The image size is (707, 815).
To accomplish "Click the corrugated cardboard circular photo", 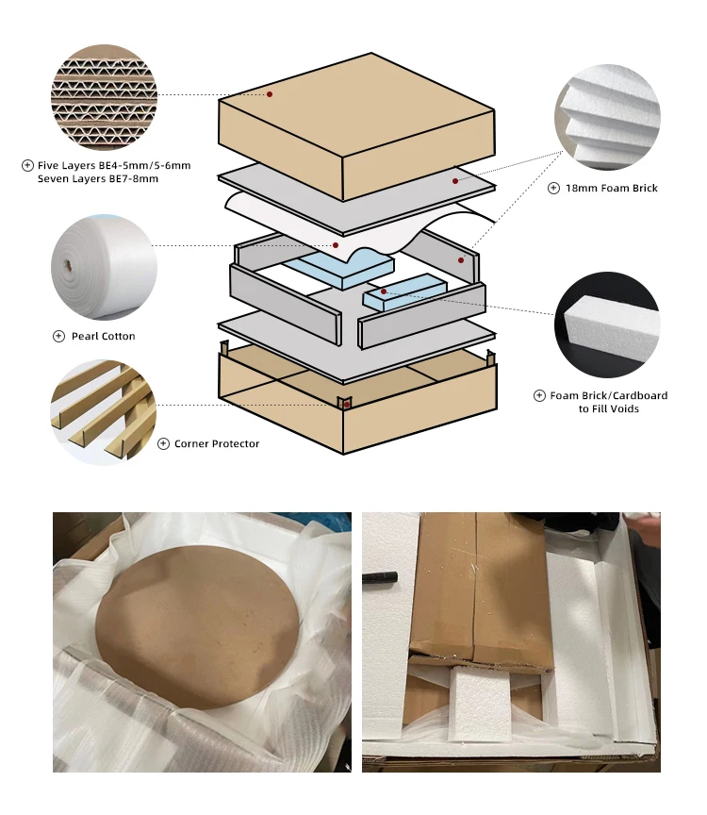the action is (x=104, y=97).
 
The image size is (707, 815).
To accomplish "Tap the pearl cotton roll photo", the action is (x=104, y=267).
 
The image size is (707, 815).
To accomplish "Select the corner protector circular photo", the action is (x=104, y=412).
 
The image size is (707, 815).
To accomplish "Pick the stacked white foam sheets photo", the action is (x=607, y=117).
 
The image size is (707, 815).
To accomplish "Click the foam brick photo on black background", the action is (x=607, y=324).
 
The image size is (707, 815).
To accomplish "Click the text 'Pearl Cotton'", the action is (x=104, y=337).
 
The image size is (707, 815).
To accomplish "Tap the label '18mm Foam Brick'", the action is (x=612, y=188).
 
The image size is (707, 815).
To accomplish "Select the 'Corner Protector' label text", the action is (x=217, y=444).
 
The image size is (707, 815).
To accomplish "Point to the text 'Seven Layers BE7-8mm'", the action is (x=98, y=179).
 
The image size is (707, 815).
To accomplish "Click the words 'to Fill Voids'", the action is (x=609, y=409).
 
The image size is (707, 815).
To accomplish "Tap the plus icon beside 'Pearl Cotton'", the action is (x=59, y=337).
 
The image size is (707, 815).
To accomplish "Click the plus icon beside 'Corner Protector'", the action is (x=164, y=444).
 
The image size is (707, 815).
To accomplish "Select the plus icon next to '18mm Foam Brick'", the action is (x=553, y=188).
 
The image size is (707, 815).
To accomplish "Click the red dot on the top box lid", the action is (x=270, y=94).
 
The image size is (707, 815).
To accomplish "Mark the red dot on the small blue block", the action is (x=384, y=291).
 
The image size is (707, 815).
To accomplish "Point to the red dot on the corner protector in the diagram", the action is (x=347, y=405).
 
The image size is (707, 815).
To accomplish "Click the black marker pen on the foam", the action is (x=380, y=577).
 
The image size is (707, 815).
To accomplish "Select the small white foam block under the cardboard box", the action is (x=479, y=704).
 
